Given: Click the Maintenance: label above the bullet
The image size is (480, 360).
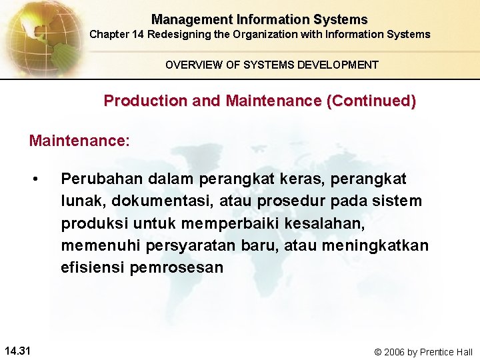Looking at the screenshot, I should point(79,141).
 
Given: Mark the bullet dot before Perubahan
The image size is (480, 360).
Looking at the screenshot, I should point(41,179).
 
